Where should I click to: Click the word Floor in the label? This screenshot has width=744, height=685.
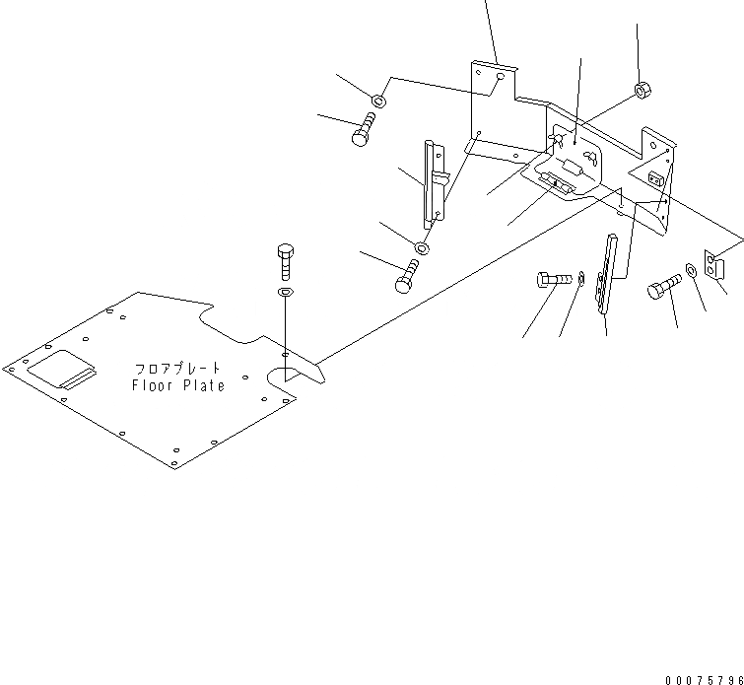(x=153, y=385)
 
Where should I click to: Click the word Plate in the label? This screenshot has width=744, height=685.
(x=202, y=385)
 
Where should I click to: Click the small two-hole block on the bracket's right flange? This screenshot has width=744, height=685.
(x=656, y=178)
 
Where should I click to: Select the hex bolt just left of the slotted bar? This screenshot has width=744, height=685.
(x=551, y=280)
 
